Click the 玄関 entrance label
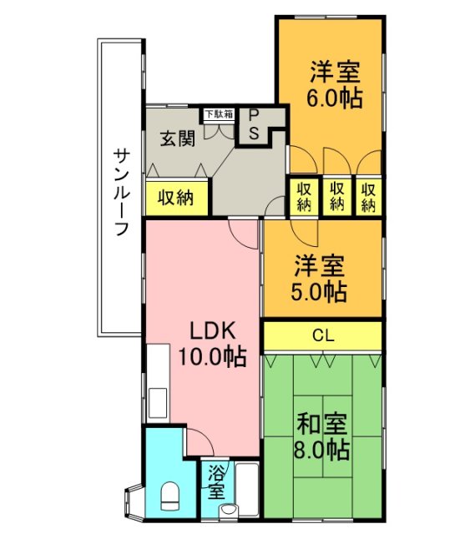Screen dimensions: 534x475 coord(178,138)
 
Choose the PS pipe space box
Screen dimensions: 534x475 coord(255,126)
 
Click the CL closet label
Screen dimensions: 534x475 coord(322,336)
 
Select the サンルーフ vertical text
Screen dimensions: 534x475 coord(122,192)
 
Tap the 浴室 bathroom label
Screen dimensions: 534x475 coord(216,482)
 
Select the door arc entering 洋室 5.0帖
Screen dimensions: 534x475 coord(302,230)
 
